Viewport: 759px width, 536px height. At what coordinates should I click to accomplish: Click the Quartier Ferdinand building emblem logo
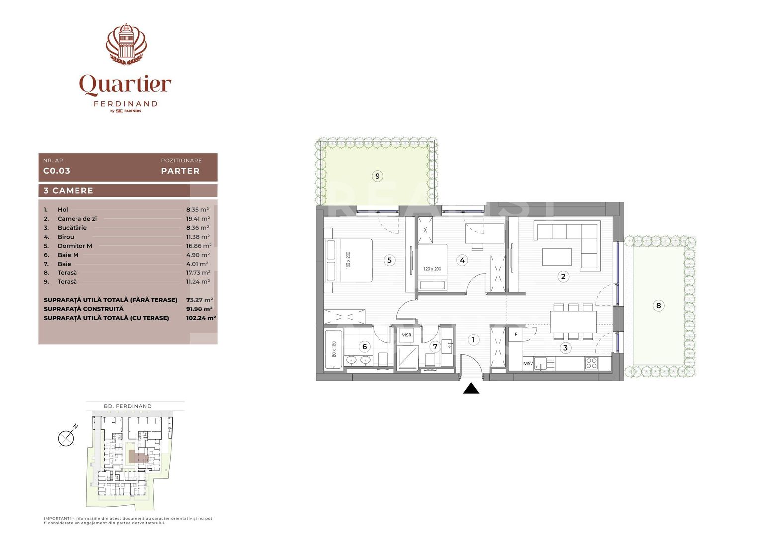click(x=126, y=44)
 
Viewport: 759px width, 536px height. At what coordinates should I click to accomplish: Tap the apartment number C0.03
click(x=57, y=171)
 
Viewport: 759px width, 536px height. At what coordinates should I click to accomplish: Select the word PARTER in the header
click(x=180, y=171)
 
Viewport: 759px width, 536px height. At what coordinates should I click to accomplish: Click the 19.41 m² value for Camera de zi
click(x=198, y=219)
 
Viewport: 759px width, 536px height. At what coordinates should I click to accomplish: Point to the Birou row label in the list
click(x=66, y=237)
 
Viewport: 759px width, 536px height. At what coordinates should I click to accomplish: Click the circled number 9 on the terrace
click(x=378, y=176)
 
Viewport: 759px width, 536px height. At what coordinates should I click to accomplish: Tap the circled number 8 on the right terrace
click(x=659, y=305)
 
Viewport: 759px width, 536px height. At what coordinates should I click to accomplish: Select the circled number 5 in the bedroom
click(x=389, y=260)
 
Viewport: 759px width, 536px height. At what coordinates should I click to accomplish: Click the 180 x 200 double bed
click(x=349, y=260)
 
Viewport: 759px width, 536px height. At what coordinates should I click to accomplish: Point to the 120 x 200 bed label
click(x=432, y=269)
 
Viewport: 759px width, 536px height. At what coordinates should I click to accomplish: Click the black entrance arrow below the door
click(x=471, y=388)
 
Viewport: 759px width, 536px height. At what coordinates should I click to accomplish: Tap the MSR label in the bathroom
click(x=406, y=335)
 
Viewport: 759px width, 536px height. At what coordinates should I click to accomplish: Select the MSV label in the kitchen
click(x=528, y=364)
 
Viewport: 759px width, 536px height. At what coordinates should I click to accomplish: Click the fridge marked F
click(x=516, y=335)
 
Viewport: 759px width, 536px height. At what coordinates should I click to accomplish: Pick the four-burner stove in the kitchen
click(x=591, y=363)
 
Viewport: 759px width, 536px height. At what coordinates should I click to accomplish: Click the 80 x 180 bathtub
click(x=334, y=349)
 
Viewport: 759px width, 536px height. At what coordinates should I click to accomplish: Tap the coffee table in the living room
click(x=557, y=257)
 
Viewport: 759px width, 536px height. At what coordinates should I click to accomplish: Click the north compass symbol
click(x=67, y=437)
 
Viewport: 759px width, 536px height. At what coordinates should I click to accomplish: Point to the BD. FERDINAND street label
click(x=128, y=406)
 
